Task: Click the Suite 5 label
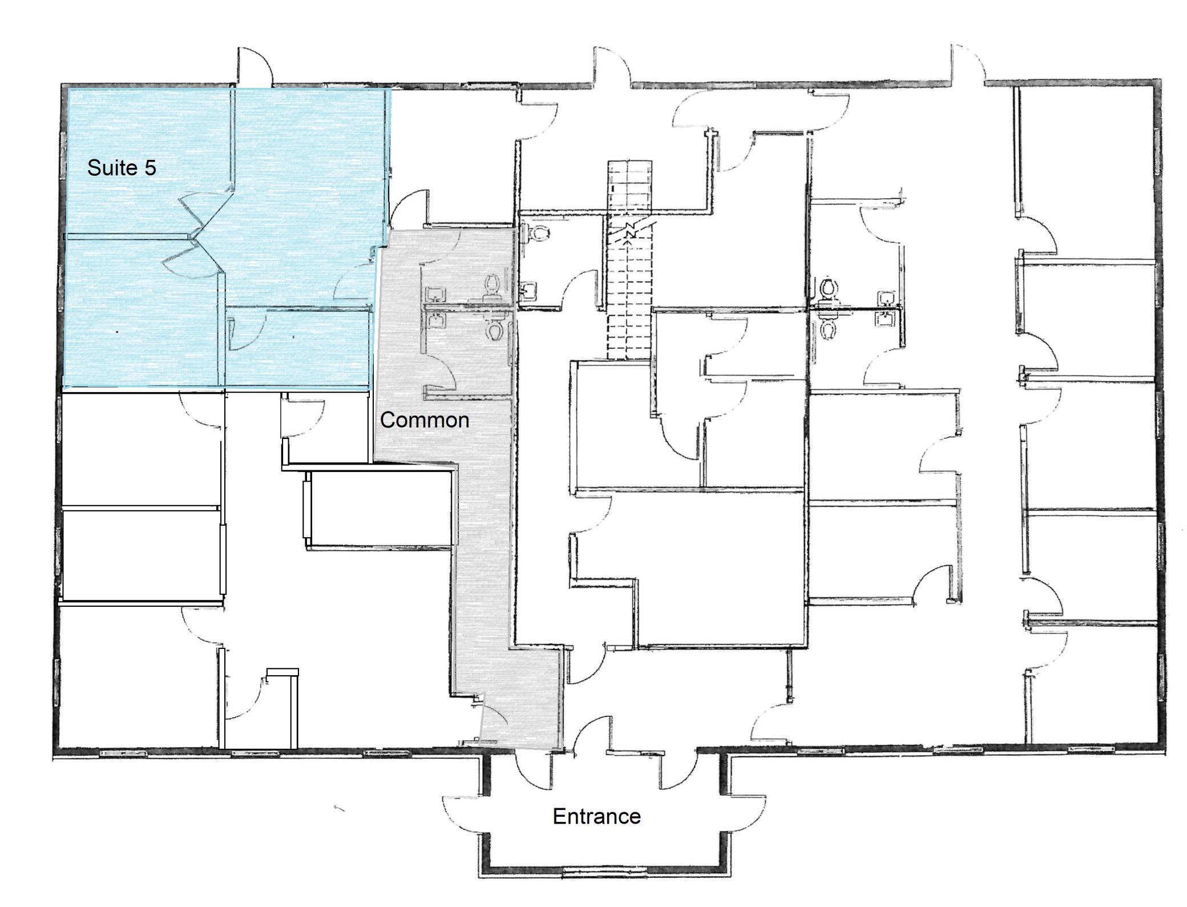point(122,168)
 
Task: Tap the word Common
point(425,420)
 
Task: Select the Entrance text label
point(596,816)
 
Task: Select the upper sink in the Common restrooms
point(436,294)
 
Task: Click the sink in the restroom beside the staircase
point(528,291)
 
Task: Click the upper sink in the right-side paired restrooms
point(886,299)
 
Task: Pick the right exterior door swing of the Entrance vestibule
point(747,813)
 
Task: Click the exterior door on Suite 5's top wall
point(255,67)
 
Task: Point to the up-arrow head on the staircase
point(628,242)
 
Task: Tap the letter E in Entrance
point(559,816)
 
